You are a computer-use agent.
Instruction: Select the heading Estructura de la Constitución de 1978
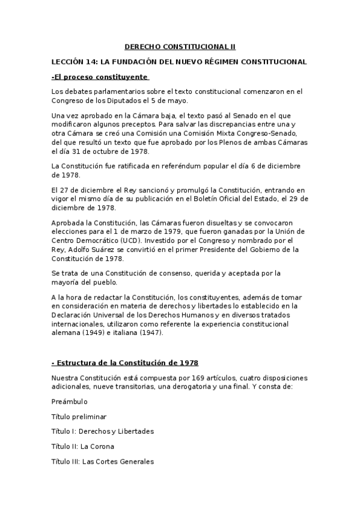point(127,363)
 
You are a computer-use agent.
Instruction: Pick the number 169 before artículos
point(195,378)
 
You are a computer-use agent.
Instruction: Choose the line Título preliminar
point(80,416)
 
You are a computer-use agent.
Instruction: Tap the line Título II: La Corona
point(83,446)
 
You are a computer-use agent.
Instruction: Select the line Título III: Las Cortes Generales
point(103,461)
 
